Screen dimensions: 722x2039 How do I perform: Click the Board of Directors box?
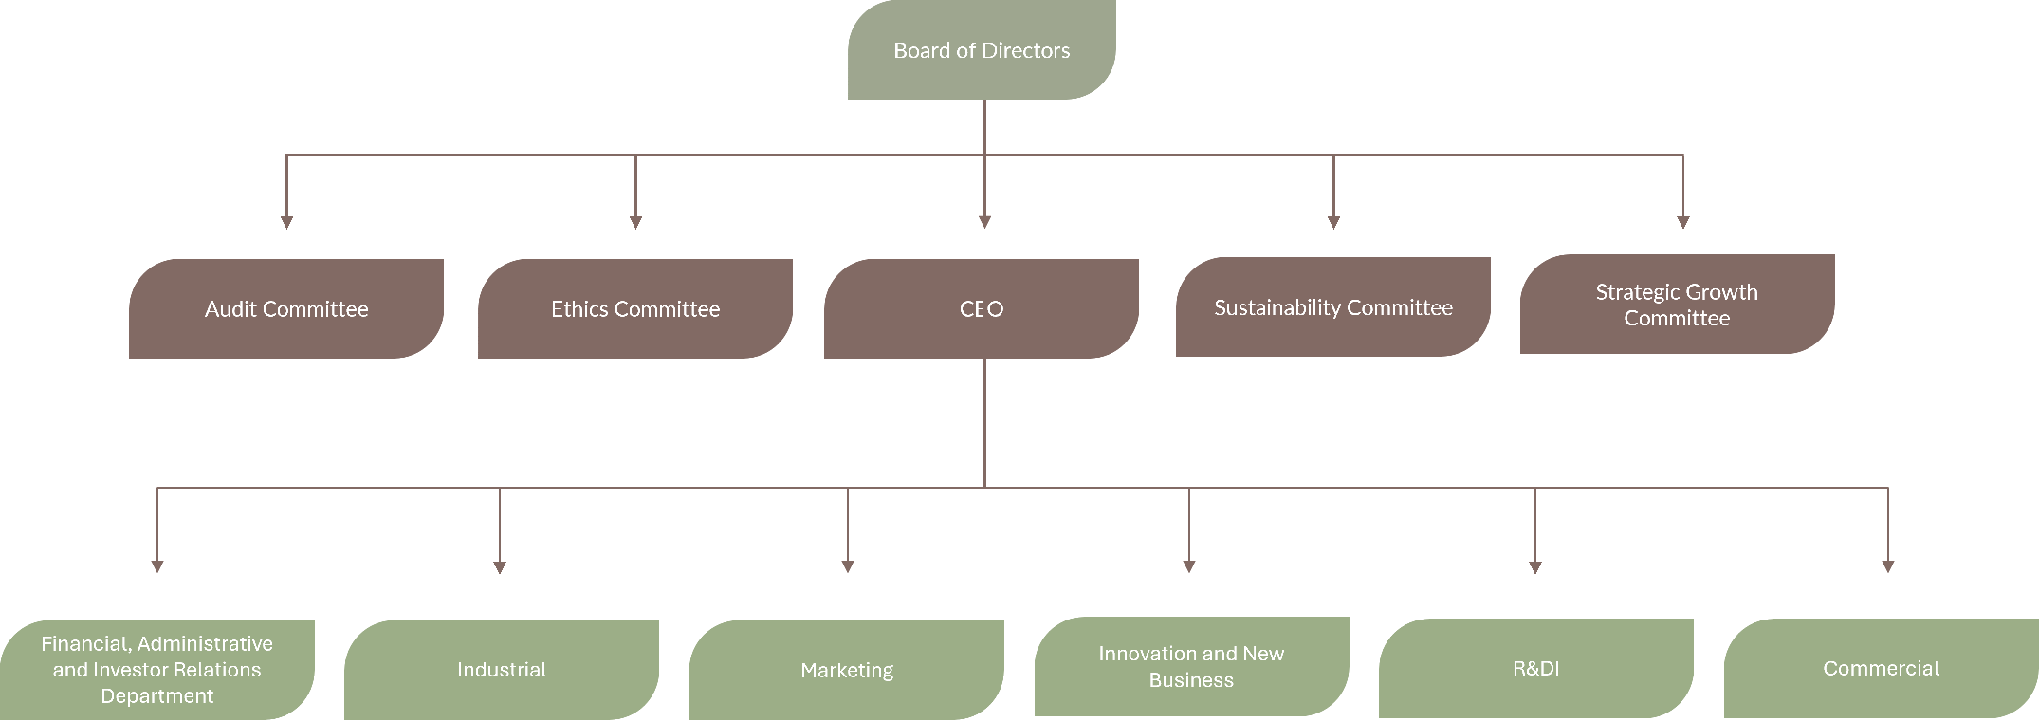pyautogui.click(x=982, y=50)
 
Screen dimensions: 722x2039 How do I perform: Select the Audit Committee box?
pyautogui.click(x=286, y=308)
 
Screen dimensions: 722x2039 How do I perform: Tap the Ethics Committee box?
pyautogui.click(x=635, y=308)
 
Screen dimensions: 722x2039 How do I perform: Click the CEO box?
pyautogui.click(x=982, y=308)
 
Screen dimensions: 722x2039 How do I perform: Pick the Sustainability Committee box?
pyautogui.click(x=1333, y=307)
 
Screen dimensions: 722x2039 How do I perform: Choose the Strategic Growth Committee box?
pyautogui.click(x=1677, y=305)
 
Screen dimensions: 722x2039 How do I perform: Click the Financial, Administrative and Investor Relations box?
pyautogui.click(x=157, y=670)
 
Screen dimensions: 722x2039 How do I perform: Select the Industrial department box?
pyautogui.click(x=502, y=670)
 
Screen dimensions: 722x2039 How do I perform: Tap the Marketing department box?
pyautogui.click(x=847, y=670)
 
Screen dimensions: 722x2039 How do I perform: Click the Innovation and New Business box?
pyautogui.click(x=1191, y=666)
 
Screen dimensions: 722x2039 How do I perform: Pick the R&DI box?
pyautogui.click(x=1536, y=668)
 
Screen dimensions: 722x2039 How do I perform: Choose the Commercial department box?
pyautogui.click(x=1882, y=668)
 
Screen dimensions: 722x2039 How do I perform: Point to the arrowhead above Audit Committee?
pyautogui.click(x=286, y=222)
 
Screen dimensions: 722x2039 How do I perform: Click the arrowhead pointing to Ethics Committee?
pyautogui.click(x=635, y=222)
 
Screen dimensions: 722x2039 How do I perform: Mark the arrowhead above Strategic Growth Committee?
pyautogui.click(x=1683, y=222)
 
